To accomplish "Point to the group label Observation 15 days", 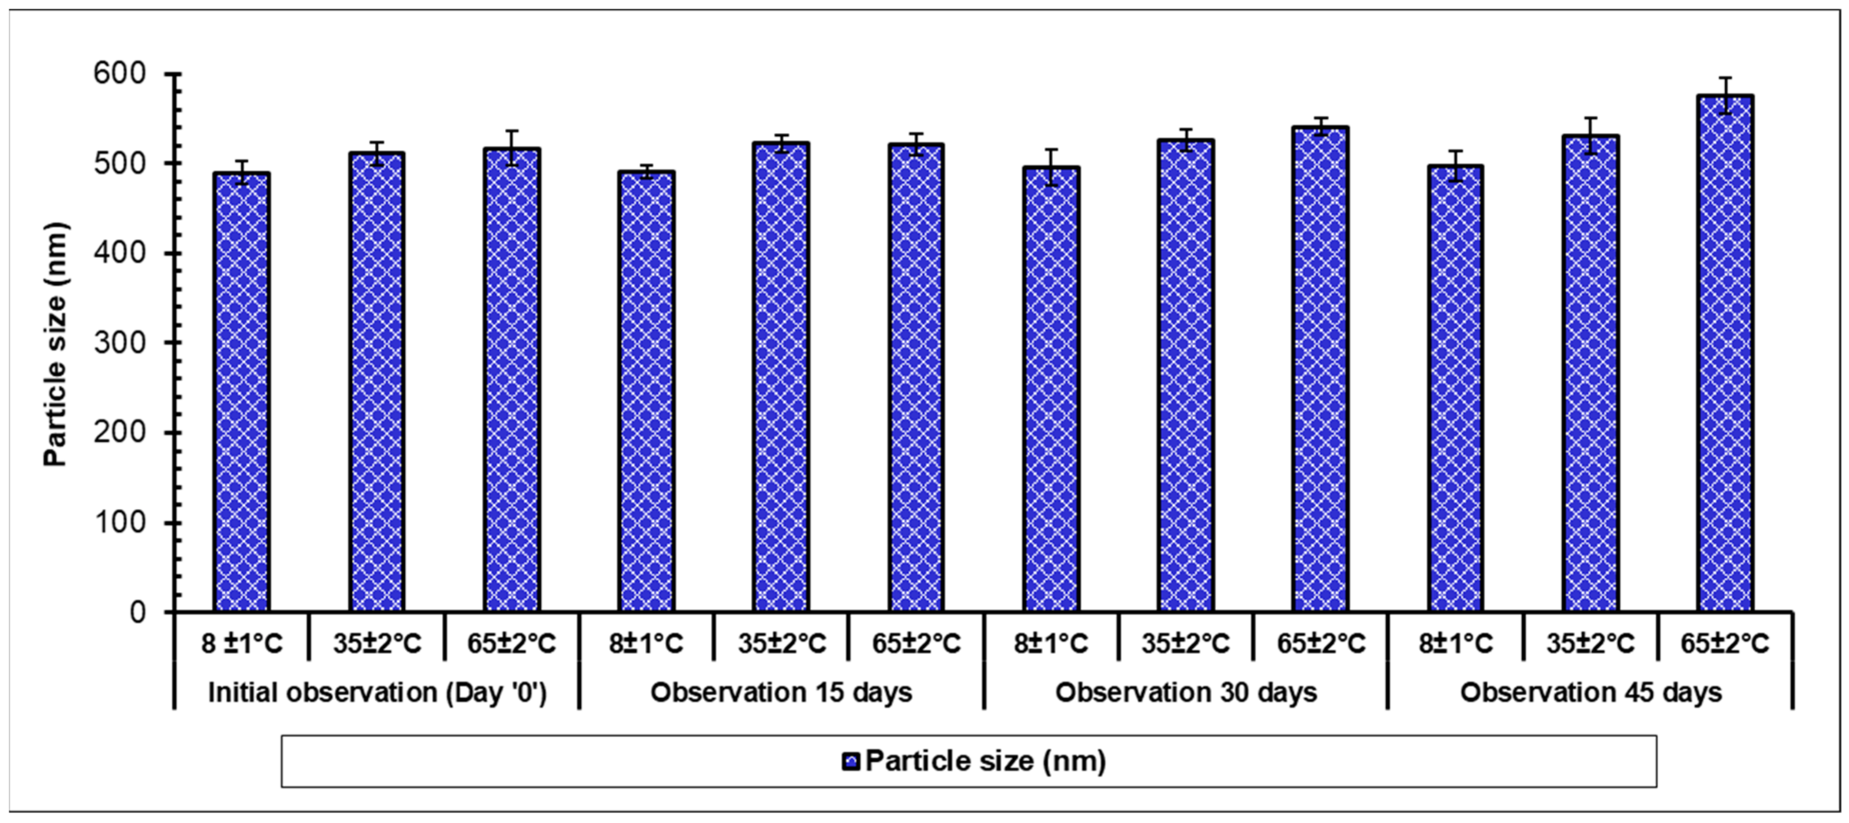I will [781, 693].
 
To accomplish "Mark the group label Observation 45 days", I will [1590, 693].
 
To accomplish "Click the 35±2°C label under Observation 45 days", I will [1590, 643].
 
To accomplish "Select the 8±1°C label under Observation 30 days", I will [1051, 643].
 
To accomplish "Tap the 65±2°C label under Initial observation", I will [512, 643].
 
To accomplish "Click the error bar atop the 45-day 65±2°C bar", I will [1725, 95].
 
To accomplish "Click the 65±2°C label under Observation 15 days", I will [916, 643].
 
